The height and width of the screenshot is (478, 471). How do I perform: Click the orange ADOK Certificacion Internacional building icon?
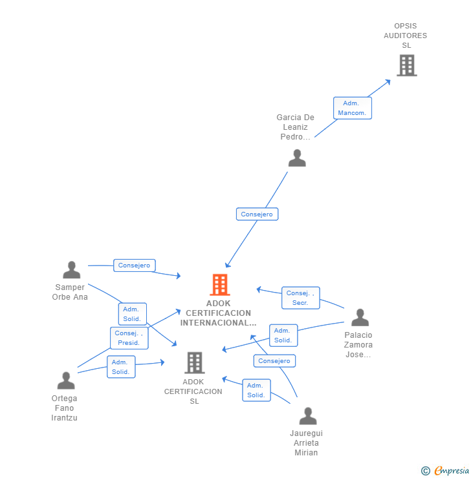coord(220,285)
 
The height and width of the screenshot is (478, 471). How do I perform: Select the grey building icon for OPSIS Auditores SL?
coord(406,65)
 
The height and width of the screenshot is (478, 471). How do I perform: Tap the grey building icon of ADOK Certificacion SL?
coord(195,363)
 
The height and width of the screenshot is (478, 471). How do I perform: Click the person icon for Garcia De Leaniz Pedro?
coord(297,158)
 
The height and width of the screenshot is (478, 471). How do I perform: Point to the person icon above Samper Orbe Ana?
coord(72,270)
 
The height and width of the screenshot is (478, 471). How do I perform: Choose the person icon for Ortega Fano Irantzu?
coord(66,380)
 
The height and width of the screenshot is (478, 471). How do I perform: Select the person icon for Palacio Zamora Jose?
coord(360,317)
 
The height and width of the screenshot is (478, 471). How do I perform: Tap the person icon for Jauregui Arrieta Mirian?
coord(308,416)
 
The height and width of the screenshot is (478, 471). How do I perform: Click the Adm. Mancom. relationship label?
coord(352,108)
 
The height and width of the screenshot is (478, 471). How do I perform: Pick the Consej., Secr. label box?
coord(300,298)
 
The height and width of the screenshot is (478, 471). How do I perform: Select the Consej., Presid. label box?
coord(129,338)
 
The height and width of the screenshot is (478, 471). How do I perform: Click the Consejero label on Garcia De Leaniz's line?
coord(257,214)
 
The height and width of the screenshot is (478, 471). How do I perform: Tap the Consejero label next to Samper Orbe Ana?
coord(134,265)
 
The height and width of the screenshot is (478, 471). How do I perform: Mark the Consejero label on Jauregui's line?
coord(274,361)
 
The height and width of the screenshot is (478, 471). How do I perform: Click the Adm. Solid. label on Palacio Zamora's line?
coord(283,335)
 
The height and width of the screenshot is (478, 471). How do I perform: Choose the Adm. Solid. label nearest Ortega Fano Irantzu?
coord(121,367)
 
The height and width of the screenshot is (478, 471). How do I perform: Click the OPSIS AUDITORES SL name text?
coord(406,36)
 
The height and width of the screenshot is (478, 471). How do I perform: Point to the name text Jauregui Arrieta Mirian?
coord(306,442)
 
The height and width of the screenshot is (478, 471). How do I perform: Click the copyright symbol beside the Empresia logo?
coord(426,471)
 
